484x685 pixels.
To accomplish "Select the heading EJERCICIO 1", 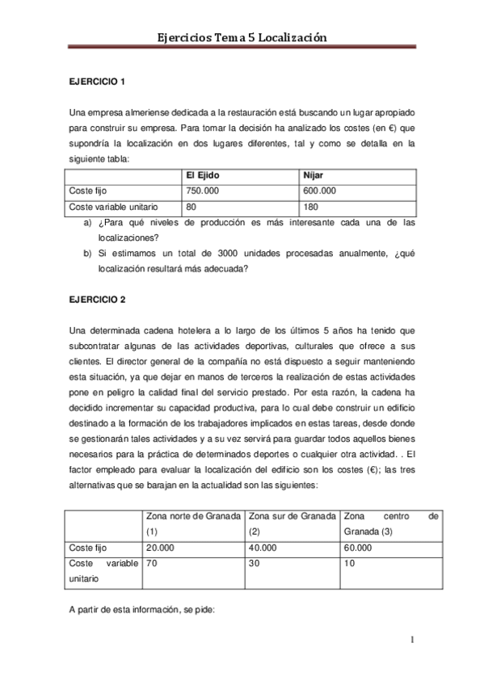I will pos(97,82).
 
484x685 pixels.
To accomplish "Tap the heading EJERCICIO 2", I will pos(97,300).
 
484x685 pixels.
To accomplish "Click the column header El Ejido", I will pos(203,176).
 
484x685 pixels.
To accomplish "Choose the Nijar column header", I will pos(313,176).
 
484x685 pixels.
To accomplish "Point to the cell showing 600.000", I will pos(319,191).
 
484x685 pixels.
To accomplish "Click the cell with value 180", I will pos(310,207).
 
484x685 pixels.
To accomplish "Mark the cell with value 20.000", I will pos(161,547).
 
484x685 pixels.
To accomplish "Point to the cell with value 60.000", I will pos(358,547).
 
